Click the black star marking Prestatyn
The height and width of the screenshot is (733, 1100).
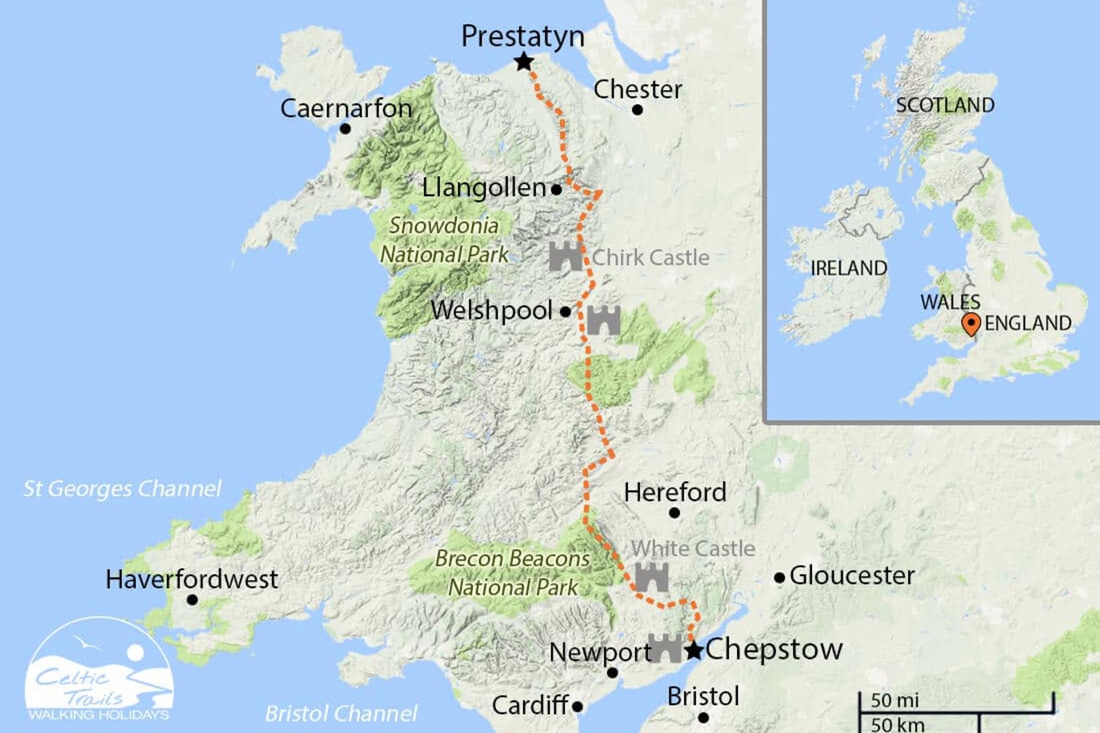pos(524,62)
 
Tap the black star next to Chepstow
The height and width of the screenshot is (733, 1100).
pos(694,651)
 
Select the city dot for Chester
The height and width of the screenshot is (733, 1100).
pos(638,110)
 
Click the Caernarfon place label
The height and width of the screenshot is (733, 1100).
pos(346,108)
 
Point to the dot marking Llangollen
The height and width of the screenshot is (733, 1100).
pos(556,190)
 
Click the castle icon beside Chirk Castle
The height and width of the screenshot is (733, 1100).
pos(565,257)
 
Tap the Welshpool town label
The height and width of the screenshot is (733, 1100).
pos(492,310)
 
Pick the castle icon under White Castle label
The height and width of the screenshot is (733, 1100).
pos(652,577)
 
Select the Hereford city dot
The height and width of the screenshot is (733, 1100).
pos(674,513)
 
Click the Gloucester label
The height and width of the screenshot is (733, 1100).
pos(852,576)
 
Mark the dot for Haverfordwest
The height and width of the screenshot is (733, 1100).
pos(192,600)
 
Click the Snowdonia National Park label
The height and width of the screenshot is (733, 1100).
pos(444,240)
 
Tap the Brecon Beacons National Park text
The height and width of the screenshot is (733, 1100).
pos(512,573)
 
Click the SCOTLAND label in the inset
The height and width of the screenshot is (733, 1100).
pos(945,105)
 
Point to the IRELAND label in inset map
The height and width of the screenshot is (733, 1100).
pos(848,268)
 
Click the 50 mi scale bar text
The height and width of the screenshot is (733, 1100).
pos(894,700)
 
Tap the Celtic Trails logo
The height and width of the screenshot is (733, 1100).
pos(99,670)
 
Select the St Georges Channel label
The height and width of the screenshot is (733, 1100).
pos(122,488)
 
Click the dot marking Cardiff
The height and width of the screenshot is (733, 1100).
pos(577,707)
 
